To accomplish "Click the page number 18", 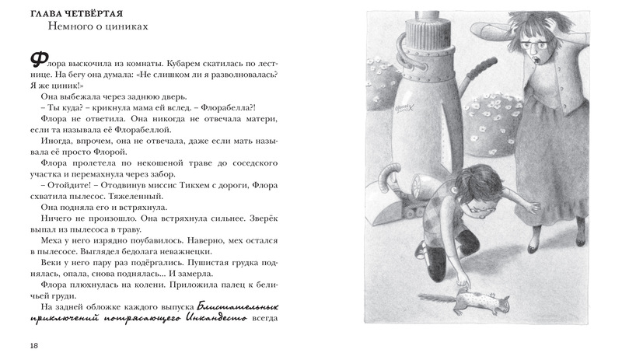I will point(34,344).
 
